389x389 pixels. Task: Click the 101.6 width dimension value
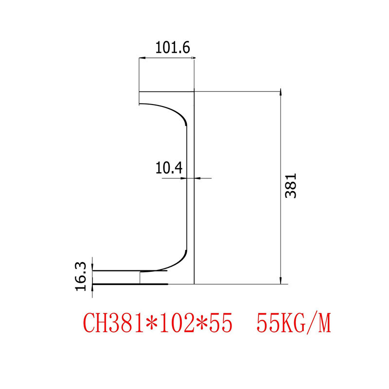172,48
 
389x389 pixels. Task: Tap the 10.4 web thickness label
169,168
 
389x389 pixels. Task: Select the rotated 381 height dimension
291,186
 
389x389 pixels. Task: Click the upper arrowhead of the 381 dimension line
281,94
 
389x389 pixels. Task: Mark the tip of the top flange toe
140,104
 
